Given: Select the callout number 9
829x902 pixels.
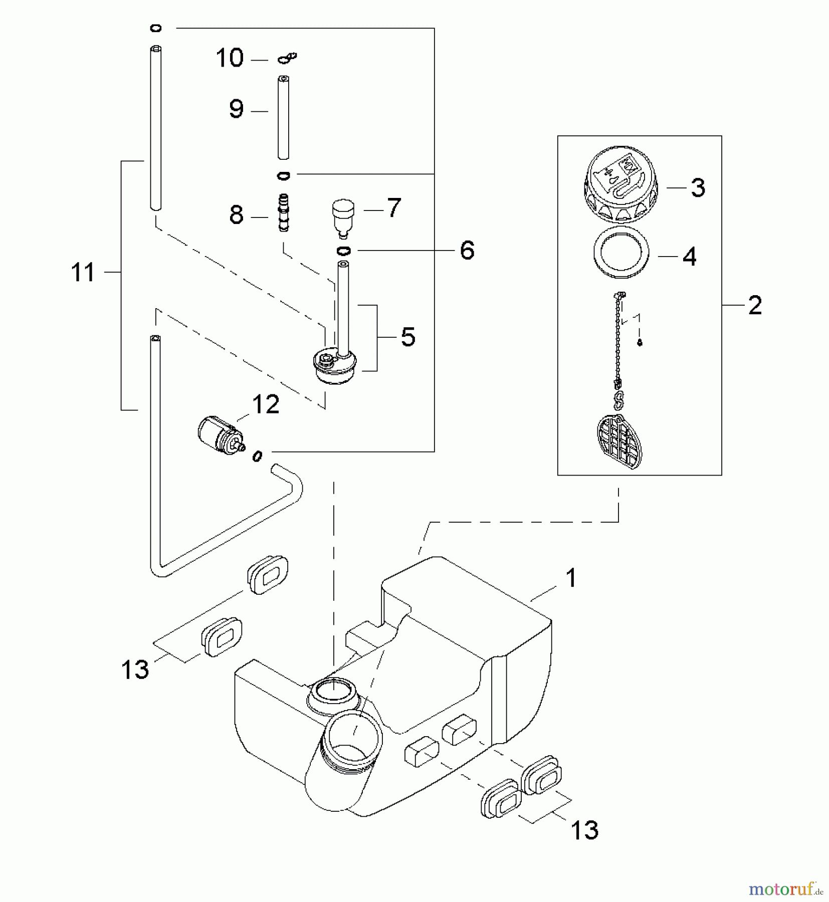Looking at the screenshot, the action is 236,109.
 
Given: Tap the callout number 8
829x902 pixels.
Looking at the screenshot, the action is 236,215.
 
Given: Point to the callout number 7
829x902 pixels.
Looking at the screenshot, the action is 394,207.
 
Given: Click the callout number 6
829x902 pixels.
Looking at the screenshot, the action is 467,250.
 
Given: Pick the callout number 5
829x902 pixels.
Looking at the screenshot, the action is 408,337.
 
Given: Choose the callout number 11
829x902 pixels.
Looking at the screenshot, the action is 83,273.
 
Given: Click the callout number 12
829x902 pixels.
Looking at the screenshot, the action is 265,404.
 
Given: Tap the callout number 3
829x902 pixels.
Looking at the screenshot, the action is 698,188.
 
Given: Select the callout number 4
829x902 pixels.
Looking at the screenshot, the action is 690,257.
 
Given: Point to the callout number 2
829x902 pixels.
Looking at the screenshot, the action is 755,305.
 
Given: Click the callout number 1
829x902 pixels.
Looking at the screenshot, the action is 571,578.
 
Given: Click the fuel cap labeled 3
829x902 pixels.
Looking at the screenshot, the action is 620,184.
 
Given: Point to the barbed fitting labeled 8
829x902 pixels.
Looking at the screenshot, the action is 284,212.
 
